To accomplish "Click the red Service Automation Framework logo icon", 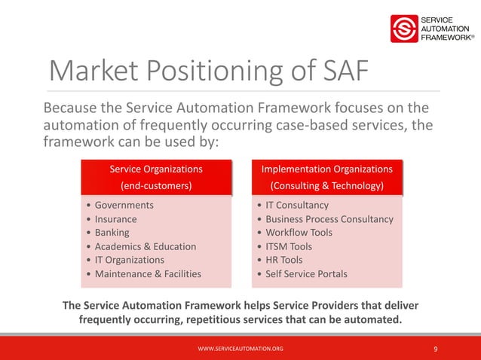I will (x=405, y=29).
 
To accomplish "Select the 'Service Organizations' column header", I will (x=156, y=169).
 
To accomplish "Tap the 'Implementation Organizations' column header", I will (x=326, y=169).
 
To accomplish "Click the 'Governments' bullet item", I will (x=124, y=205).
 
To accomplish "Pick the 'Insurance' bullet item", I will (x=115, y=219).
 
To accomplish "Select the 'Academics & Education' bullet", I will (x=145, y=246).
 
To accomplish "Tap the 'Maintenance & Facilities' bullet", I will (x=148, y=273).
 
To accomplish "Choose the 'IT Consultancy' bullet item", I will (x=297, y=205).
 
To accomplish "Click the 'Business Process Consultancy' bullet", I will (x=329, y=219).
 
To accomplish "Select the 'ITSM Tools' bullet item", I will (x=289, y=246).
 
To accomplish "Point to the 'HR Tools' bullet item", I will (x=283, y=260).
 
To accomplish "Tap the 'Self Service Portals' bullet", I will (x=306, y=273).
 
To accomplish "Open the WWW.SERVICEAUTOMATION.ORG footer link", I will (x=240, y=349).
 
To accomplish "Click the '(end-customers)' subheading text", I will (x=156, y=185).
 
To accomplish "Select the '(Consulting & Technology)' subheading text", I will (x=326, y=185).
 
